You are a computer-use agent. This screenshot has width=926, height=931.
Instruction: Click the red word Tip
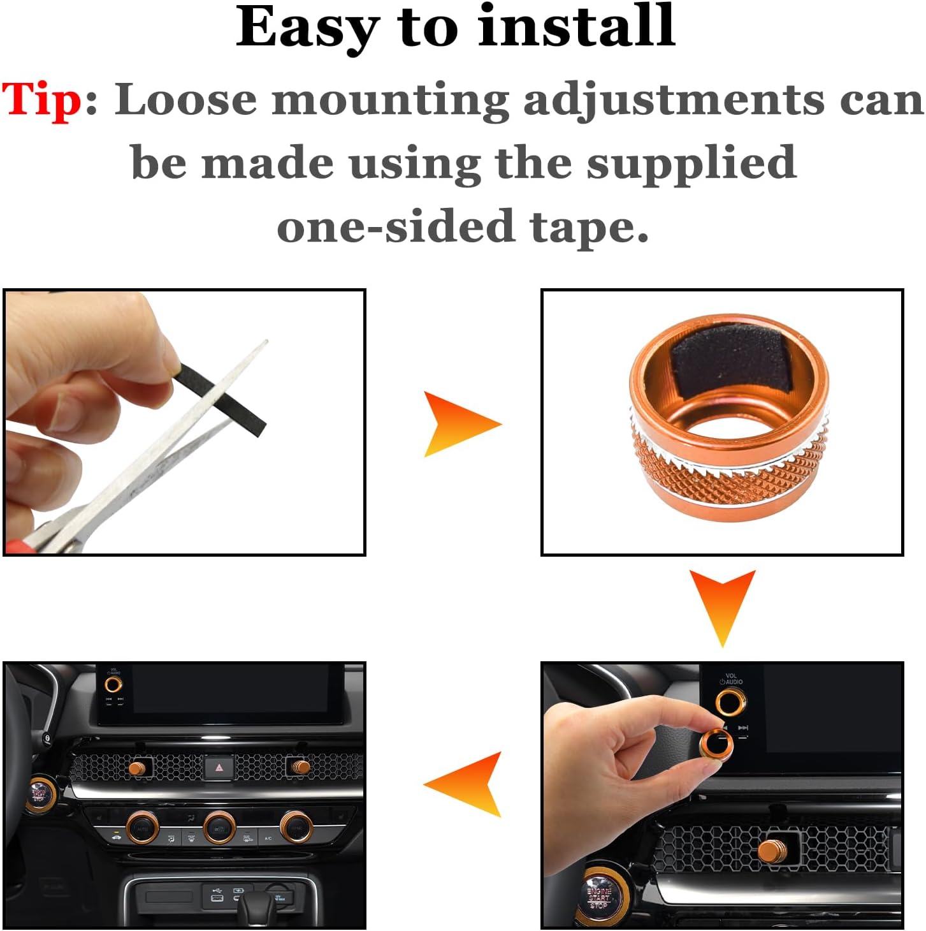42,101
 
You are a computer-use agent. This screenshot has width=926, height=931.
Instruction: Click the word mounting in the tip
391,101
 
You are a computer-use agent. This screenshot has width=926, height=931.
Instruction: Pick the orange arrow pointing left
465,784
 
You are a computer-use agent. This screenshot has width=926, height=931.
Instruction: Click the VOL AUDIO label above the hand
732,678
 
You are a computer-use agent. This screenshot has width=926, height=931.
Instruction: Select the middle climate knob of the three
219,828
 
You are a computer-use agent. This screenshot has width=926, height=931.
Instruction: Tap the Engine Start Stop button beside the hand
598,897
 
